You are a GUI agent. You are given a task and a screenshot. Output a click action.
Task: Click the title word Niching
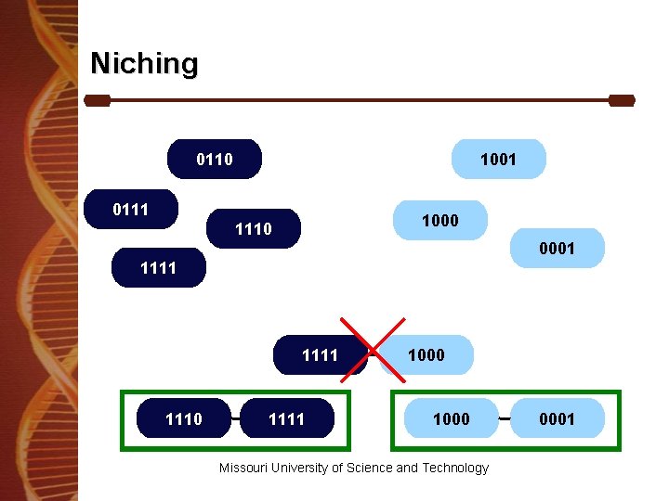144,64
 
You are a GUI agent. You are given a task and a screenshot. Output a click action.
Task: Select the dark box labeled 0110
215,160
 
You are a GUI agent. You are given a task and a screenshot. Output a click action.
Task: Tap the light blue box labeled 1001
498,160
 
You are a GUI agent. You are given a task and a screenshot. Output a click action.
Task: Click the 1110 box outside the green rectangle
254,228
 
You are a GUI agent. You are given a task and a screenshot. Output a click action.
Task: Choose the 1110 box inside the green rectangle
183,418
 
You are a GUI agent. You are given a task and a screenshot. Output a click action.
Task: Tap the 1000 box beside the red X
427,354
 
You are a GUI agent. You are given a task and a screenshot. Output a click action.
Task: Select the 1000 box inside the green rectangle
452,418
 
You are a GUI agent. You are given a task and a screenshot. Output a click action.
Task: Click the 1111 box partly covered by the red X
320,354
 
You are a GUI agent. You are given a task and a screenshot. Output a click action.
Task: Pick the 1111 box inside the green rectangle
286,418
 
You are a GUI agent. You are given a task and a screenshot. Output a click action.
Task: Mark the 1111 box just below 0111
158,268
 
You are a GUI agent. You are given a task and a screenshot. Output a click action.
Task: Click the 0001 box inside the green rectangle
557,418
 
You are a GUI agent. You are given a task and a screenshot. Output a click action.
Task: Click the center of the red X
372,348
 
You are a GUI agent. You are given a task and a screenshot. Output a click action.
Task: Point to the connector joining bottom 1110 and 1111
235,419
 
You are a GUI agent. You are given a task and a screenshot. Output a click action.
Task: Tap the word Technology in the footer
455,468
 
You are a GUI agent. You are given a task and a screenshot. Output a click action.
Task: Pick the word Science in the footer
370,468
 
